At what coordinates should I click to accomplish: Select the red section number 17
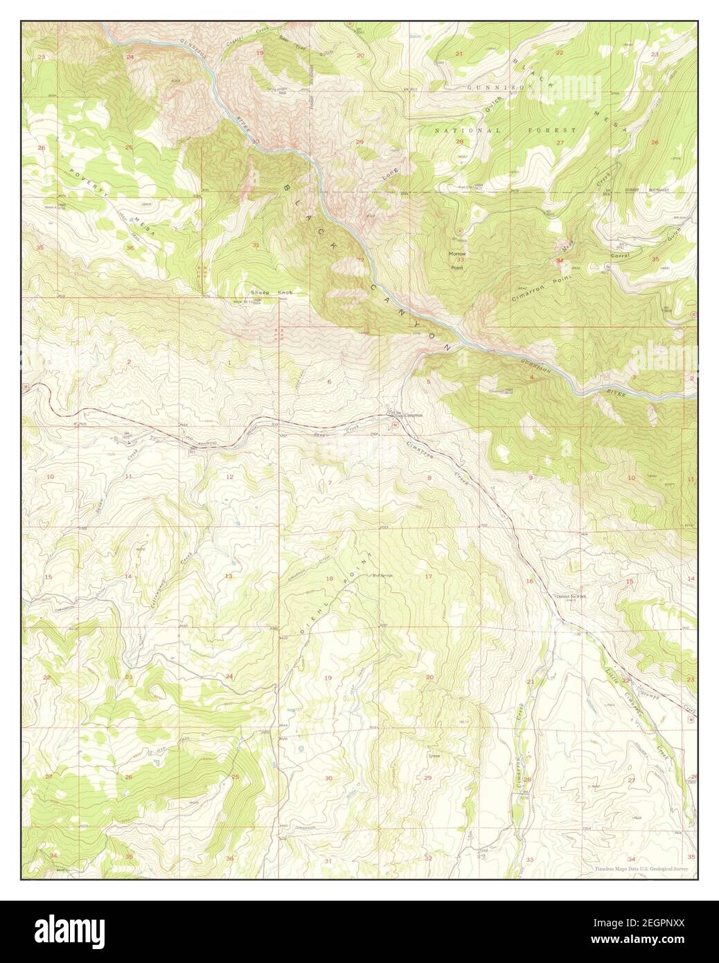tap(429, 576)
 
